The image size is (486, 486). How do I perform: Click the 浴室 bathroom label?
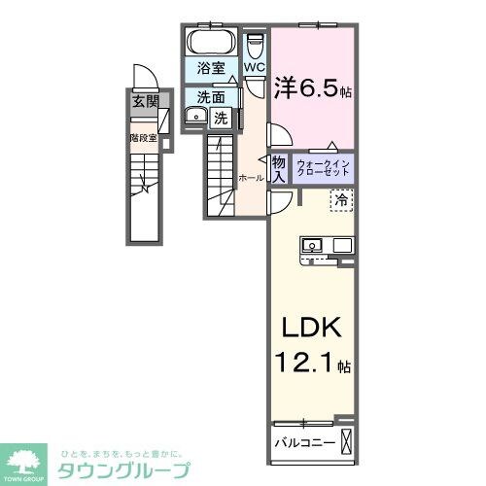click(x=211, y=69)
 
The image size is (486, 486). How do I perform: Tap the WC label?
click(x=254, y=67)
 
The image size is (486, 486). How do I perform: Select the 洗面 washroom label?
click(x=211, y=96)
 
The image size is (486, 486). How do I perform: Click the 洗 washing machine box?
click(x=221, y=119)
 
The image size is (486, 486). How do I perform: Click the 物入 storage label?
click(x=278, y=169)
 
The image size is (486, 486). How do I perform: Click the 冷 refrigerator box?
click(x=341, y=200)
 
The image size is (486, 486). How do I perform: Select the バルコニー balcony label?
click(x=303, y=443)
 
